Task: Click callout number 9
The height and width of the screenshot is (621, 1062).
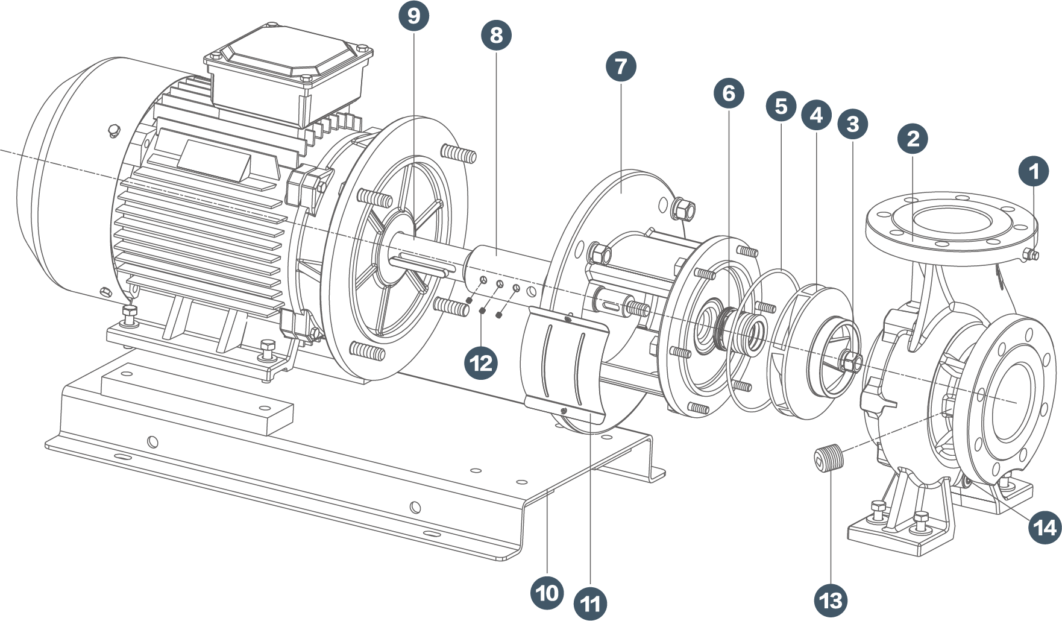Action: [x=413, y=15]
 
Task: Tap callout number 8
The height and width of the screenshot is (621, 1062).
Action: [x=496, y=34]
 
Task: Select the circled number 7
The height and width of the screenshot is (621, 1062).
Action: [x=621, y=66]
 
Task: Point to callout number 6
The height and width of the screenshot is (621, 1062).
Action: [x=728, y=93]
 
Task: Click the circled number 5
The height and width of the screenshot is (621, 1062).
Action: [x=781, y=106]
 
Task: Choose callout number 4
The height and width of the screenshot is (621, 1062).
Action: [x=817, y=115]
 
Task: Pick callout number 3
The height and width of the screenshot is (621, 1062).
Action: [x=852, y=124]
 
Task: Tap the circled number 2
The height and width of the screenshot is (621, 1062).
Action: [x=913, y=139]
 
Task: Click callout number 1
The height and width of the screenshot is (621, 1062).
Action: [x=1034, y=172]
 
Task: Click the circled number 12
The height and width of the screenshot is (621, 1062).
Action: [x=481, y=363]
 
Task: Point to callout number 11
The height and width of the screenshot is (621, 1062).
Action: [x=590, y=603]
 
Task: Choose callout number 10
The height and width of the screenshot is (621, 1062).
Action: [x=547, y=593]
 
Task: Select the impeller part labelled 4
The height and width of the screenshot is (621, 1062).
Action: [x=808, y=350]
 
